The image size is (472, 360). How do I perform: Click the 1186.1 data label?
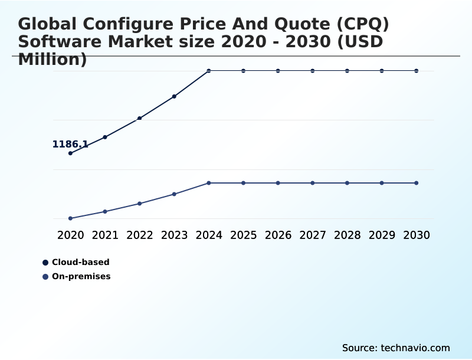coord(70,145)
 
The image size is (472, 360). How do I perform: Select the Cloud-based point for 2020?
coord(71,153)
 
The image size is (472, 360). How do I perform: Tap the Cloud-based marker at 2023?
coord(174,96)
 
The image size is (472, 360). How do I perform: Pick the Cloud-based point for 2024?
coord(209,71)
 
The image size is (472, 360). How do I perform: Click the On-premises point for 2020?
coord(71,218)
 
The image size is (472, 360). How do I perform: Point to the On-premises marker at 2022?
coord(140,204)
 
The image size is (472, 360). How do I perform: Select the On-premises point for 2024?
coord(209,183)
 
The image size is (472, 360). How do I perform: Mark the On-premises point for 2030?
coord(416,183)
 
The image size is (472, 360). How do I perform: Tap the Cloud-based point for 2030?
coord(416,71)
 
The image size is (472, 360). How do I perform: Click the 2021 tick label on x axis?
coord(105,235)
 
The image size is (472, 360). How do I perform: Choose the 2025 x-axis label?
coord(243,235)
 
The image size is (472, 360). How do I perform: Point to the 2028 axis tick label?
coord(347,235)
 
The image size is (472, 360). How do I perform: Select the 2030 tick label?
coord(416,235)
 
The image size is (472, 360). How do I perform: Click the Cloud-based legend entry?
coord(80,263)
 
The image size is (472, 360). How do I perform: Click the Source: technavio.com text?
coord(396,348)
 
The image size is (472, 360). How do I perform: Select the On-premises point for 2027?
coord(313,183)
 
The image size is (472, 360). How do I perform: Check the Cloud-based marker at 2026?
coord(278,71)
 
